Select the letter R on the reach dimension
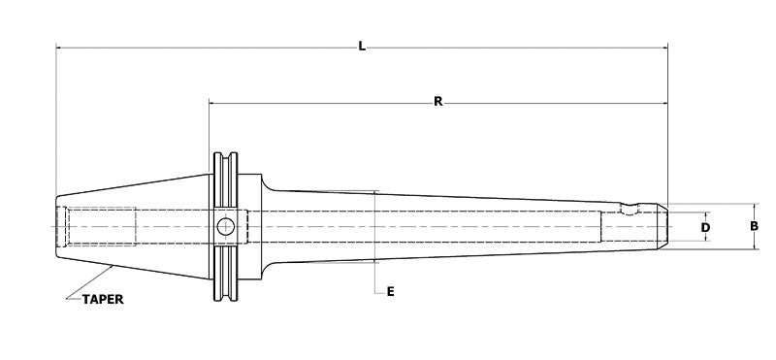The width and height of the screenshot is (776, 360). pyautogui.click(x=438, y=102)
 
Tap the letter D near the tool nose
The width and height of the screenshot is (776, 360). pyautogui.click(x=705, y=227)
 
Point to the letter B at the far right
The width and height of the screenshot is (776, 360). pyautogui.click(x=754, y=227)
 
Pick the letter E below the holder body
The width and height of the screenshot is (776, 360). pyautogui.click(x=389, y=291)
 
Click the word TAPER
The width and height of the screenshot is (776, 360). pyautogui.click(x=101, y=299)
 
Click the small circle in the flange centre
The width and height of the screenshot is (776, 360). pyautogui.click(x=225, y=227)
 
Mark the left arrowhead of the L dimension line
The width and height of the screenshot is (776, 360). pyautogui.click(x=59, y=47)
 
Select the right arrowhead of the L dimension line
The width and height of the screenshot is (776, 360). pyautogui.click(x=664, y=47)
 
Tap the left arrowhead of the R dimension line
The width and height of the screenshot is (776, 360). pyautogui.click(x=212, y=102)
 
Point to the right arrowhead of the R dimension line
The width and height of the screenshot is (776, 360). pyautogui.click(x=664, y=102)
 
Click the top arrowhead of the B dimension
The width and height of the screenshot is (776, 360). pyautogui.click(x=754, y=207)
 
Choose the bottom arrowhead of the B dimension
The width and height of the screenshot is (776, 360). pyautogui.click(x=754, y=247)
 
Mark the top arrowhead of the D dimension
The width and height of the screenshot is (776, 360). pyautogui.click(x=705, y=213)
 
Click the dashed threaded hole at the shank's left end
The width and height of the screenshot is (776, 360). pyautogui.click(x=97, y=227)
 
